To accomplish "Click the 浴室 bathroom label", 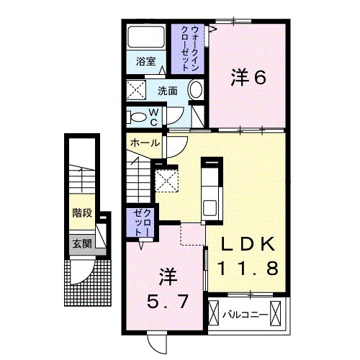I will (147, 61).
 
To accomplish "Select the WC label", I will (153, 114).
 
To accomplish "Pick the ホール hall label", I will (145, 143).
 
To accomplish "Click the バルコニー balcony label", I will (245, 314).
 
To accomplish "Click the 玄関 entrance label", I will (81, 243).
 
